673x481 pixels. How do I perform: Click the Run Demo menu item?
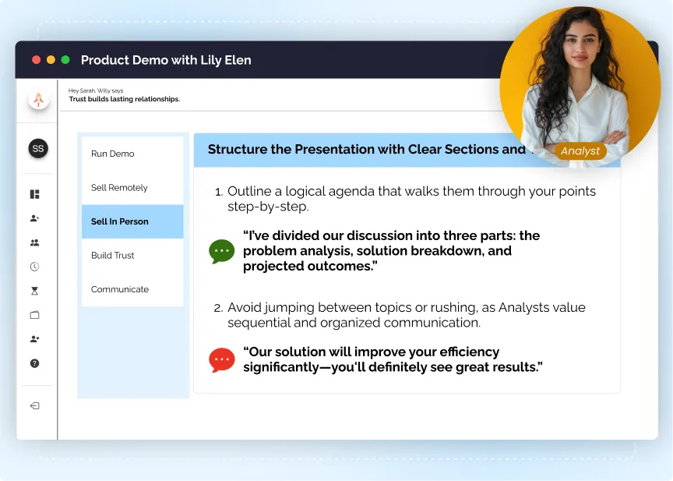pyautogui.click(x=113, y=154)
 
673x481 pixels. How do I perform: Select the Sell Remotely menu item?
pyautogui.click(x=119, y=188)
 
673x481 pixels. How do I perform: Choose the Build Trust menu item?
pyautogui.click(x=113, y=256)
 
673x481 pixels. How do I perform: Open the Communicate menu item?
pyautogui.click(x=120, y=289)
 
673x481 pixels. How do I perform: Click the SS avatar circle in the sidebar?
pyautogui.click(x=38, y=148)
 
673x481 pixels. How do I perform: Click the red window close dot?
pyautogui.click(x=37, y=60)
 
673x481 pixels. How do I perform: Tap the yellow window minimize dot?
pyautogui.click(x=51, y=60)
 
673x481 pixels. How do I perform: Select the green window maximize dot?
pyautogui.click(x=65, y=60)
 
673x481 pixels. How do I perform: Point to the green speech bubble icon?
pyautogui.click(x=222, y=251)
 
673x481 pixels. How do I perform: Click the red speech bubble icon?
pyautogui.click(x=222, y=359)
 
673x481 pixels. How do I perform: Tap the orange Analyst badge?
pyautogui.click(x=580, y=151)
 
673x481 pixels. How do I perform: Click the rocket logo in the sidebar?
pyautogui.click(x=38, y=99)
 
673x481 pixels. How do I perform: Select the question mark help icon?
pyautogui.click(x=34, y=363)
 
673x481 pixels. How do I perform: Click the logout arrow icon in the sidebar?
pyautogui.click(x=34, y=406)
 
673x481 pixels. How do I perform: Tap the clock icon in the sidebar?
pyautogui.click(x=34, y=267)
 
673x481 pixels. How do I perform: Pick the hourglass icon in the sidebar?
pyautogui.click(x=34, y=291)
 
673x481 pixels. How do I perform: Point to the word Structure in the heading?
pyautogui.click(x=237, y=150)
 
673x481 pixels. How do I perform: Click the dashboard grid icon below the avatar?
pyautogui.click(x=34, y=194)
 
